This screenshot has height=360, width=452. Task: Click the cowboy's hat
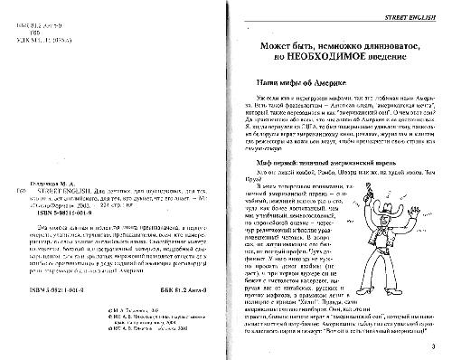click(391, 186)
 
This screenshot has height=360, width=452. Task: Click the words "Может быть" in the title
click(269, 42)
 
